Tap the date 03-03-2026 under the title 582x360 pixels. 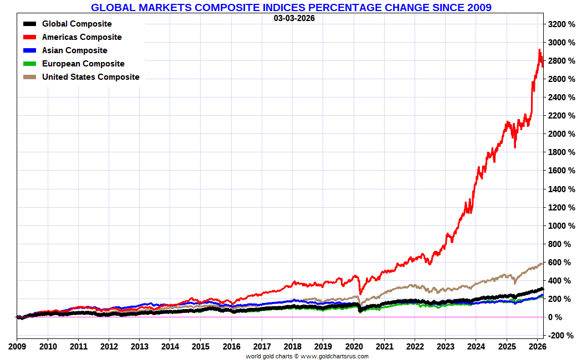coord(294,18)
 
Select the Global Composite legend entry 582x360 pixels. coord(76,24)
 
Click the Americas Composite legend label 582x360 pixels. coord(81,37)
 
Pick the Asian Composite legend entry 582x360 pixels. coord(74,50)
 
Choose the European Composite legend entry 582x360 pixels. coord(83,64)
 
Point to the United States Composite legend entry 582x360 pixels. coord(90,77)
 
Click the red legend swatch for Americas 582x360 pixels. coord(30,37)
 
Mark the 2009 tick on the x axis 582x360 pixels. coord(17,347)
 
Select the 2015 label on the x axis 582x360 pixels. coord(200,347)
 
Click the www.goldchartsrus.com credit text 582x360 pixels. coord(334,356)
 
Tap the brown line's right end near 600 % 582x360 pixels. coord(542,264)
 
